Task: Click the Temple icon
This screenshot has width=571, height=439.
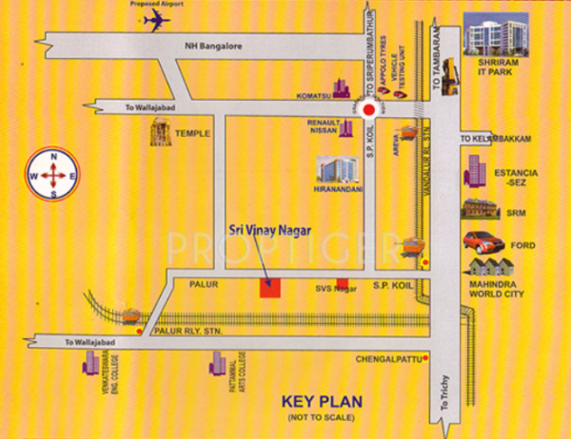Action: pos(159,134)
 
